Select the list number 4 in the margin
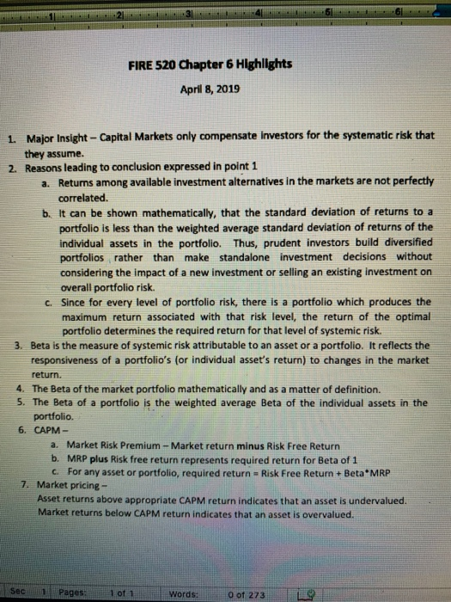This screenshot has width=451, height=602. tap(19, 388)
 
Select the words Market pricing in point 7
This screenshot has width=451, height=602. tap(66, 486)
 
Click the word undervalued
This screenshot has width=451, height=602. tap(379, 500)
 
